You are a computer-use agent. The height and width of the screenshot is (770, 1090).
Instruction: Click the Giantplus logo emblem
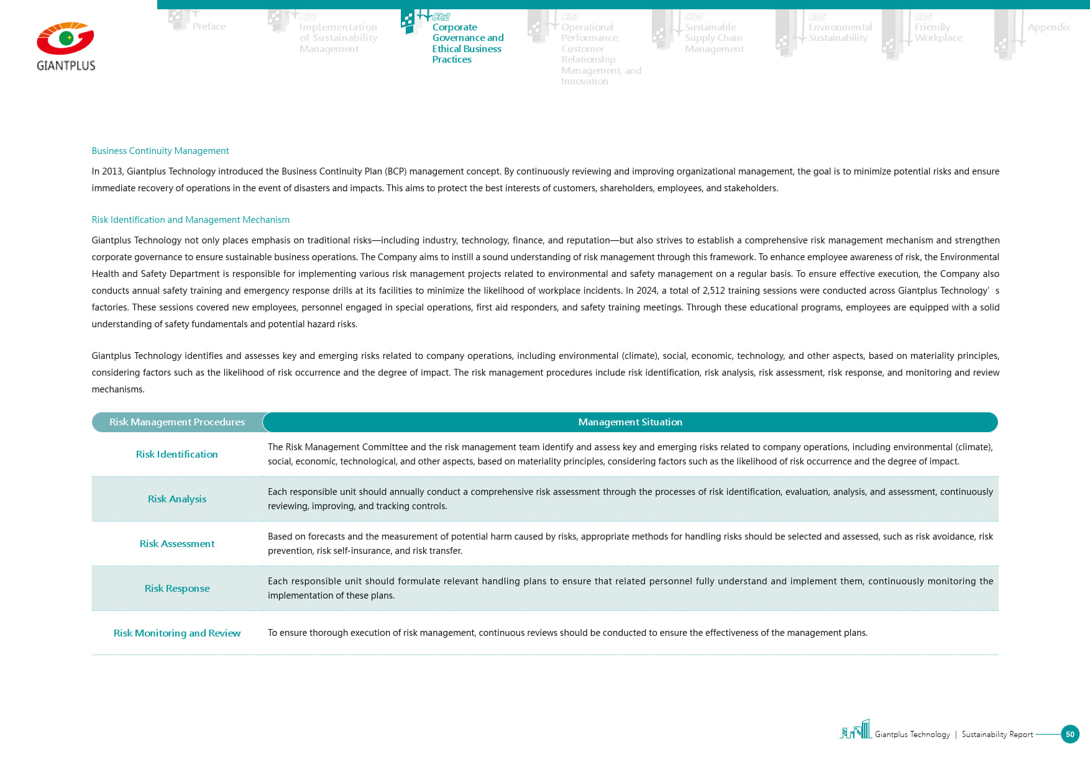pyautogui.click(x=65, y=38)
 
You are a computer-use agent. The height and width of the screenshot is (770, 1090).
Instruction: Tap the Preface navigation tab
pyautogui.click(x=209, y=27)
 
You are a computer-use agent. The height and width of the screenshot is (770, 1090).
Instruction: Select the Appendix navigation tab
pyautogui.click(x=1048, y=27)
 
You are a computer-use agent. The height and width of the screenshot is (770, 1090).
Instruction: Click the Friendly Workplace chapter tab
pyautogui.click(x=938, y=32)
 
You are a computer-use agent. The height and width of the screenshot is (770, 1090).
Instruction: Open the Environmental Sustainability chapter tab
pyautogui.click(x=840, y=32)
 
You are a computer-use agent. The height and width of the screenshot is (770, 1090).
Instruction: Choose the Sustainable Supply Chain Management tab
pyautogui.click(x=713, y=38)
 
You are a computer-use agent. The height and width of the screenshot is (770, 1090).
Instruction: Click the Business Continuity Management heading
pyautogui.click(x=160, y=151)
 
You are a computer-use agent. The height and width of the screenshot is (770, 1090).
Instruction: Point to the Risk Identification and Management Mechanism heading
pyautogui.click(x=190, y=220)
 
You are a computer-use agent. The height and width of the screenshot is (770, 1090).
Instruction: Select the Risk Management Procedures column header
pyautogui.click(x=177, y=422)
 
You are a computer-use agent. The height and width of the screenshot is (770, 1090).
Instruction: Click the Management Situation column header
pyautogui.click(x=630, y=422)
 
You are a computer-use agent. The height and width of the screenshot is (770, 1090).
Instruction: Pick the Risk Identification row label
pyautogui.click(x=177, y=455)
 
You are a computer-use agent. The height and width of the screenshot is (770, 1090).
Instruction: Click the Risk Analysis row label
pyautogui.click(x=177, y=499)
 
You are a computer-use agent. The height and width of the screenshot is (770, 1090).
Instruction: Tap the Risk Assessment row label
pyautogui.click(x=177, y=544)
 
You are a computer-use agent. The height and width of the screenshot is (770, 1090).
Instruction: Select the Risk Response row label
pyautogui.click(x=177, y=589)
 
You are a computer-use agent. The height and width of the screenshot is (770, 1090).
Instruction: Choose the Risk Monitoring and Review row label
pyautogui.click(x=177, y=633)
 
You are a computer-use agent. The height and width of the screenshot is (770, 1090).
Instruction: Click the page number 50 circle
pyautogui.click(x=1069, y=734)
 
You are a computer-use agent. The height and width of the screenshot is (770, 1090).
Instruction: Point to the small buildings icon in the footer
pyautogui.click(x=856, y=730)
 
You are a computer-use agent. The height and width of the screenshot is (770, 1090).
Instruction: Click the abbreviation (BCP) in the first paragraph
pyautogui.click(x=395, y=171)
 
